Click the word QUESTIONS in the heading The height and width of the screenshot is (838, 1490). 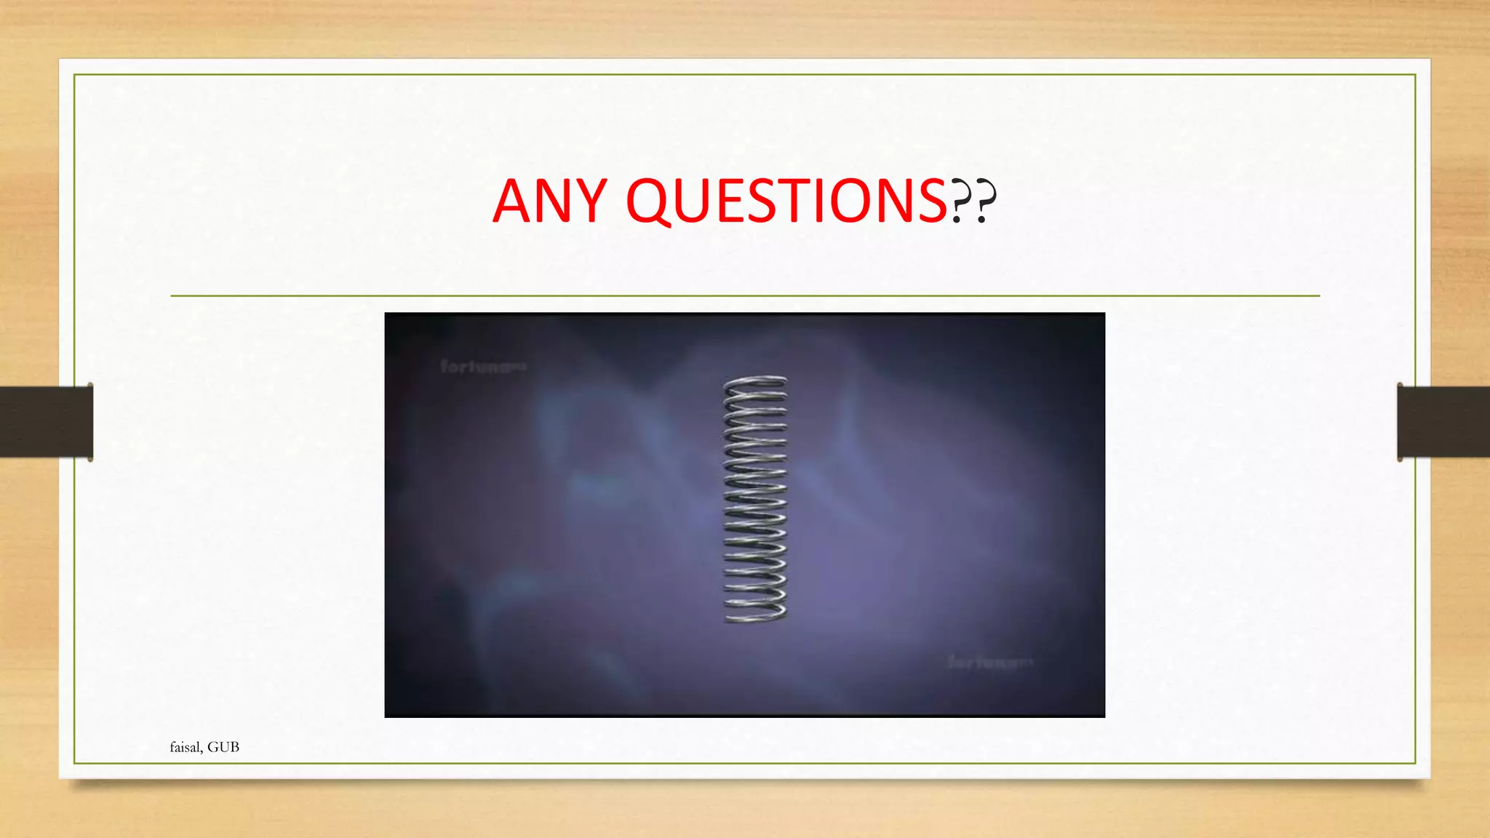point(786,201)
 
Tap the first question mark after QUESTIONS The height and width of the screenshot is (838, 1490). point(960,202)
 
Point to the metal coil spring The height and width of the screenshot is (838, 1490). point(755,499)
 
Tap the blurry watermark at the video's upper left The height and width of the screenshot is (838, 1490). point(483,366)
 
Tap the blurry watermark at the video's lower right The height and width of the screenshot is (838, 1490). point(990,662)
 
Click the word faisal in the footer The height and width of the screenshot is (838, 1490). point(186,747)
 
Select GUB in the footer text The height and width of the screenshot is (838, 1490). point(223,747)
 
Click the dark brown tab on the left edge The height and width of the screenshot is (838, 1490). point(47,422)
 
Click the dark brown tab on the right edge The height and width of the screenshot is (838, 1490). point(1443,422)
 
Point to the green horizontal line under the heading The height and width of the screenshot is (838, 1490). point(745,296)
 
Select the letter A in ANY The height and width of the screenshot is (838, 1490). point(513,201)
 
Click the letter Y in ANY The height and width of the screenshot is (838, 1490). point(589,201)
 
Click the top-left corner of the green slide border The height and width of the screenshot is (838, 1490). point(74,75)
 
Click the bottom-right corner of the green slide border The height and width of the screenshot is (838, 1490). point(1415,763)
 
